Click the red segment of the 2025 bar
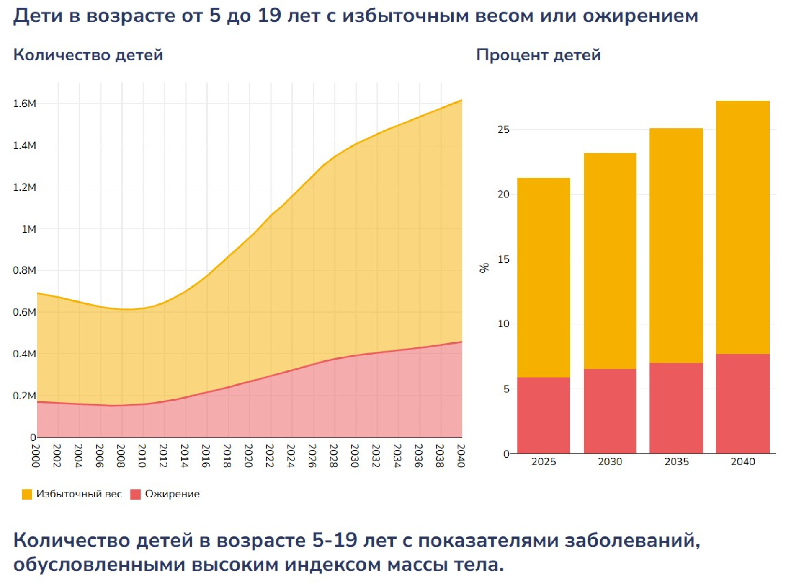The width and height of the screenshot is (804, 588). coord(543,415)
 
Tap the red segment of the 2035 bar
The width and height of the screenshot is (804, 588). coord(676,408)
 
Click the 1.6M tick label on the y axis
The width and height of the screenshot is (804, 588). coord(24,104)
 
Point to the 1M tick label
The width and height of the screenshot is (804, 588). coord(28,229)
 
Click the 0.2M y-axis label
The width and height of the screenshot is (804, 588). coord(24,396)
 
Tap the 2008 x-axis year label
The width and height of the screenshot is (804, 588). coord(121,456)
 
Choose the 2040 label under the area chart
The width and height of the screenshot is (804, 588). coord(461,456)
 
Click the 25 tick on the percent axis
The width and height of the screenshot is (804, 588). coord(503,130)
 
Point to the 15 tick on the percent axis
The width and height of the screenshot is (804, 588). coord(503,259)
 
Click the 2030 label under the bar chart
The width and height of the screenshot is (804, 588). coord(610,461)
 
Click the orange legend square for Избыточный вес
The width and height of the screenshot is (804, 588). coord(27,494)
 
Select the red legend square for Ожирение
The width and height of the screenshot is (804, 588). coord(135,494)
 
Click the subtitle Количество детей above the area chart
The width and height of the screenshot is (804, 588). coord(88,55)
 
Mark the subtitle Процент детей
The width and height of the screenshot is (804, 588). coord(539,55)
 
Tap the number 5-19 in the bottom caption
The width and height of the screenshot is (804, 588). coord(334,540)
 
